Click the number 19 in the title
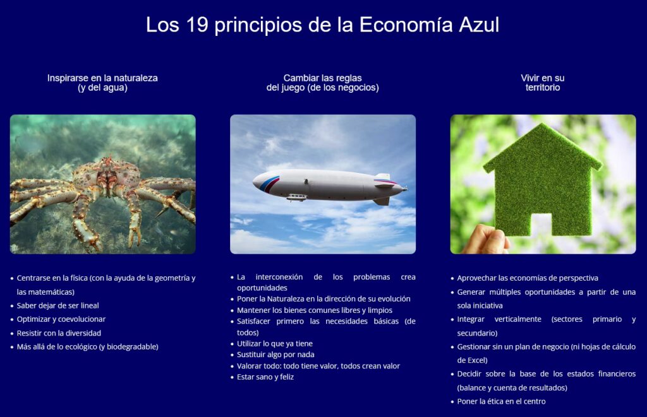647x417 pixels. pyautogui.click(x=198, y=25)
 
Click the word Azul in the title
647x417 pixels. pyautogui.click(x=478, y=25)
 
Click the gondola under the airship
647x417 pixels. pyautogui.click(x=296, y=197)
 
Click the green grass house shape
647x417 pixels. pyautogui.click(x=542, y=177)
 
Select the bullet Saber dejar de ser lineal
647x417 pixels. pyautogui.click(x=57, y=305)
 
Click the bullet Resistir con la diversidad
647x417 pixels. pyautogui.click(x=59, y=332)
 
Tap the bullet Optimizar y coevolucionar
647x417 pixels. pyautogui.click(x=61, y=319)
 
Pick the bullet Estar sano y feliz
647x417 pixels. pyautogui.click(x=265, y=377)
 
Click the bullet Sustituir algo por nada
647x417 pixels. pyautogui.click(x=275, y=355)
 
